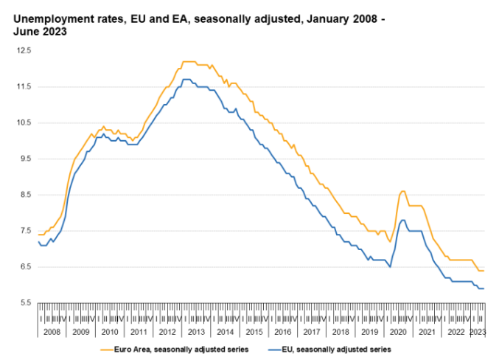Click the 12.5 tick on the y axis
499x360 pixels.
pyautogui.click(x=25, y=50)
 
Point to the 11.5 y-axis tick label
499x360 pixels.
pyautogui.click(x=25, y=86)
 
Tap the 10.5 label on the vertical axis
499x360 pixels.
pyautogui.click(x=25, y=122)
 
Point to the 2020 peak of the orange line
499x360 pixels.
pyautogui.click(x=402, y=191)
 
